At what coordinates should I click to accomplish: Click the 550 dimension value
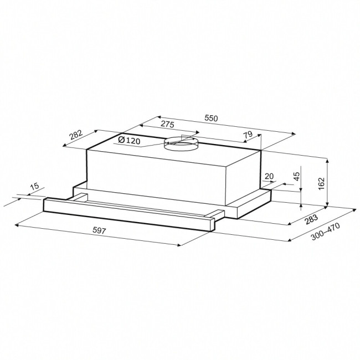[x=211, y=119]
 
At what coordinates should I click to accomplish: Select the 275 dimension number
[x=167, y=125]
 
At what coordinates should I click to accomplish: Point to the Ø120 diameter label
[x=129, y=140]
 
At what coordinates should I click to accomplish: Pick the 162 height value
[x=321, y=183]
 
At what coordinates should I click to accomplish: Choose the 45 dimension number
[x=297, y=176]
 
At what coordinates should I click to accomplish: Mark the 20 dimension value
[x=269, y=176]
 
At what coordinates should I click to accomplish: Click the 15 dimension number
[x=35, y=186]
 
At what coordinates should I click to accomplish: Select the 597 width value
[x=99, y=230]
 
